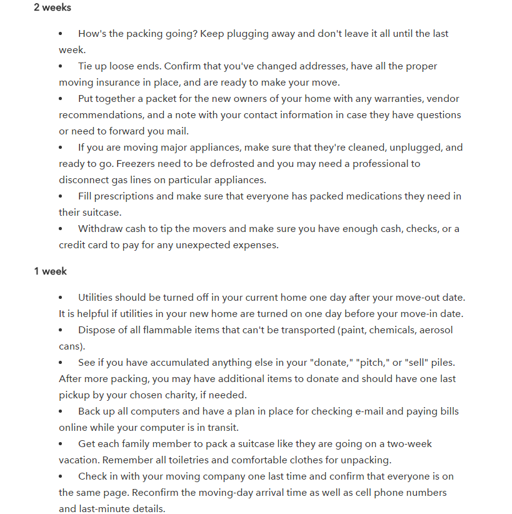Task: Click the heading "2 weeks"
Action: click(53, 8)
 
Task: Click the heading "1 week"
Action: click(51, 271)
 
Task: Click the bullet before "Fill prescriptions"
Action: click(61, 196)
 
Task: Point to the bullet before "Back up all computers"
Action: click(61, 411)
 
